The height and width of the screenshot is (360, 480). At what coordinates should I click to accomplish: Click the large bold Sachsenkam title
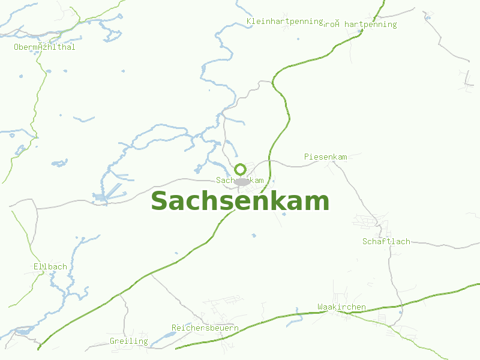pyautogui.click(x=240, y=202)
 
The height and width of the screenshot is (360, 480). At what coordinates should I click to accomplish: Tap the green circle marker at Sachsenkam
pyautogui.click(x=240, y=169)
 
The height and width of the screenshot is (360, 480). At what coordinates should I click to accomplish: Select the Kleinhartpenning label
pyautogui.click(x=285, y=22)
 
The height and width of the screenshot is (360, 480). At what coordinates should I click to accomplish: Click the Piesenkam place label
pyautogui.click(x=325, y=157)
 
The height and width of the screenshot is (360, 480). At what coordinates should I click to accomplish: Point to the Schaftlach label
pyautogui.click(x=386, y=242)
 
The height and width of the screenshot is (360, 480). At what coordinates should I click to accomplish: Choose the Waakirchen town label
pyautogui.click(x=341, y=307)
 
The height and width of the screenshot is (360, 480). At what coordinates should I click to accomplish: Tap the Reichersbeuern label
pyautogui.click(x=205, y=328)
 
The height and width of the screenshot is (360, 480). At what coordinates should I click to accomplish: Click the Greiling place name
pyautogui.click(x=128, y=341)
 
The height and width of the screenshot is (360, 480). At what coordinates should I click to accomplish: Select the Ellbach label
pyautogui.click(x=50, y=266)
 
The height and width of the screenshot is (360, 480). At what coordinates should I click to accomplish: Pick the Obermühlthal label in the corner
pyautogui.click(x=44, y=47)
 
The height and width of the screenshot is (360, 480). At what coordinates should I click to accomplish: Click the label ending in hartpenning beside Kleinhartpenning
pyautogui.click(x=361, y=25)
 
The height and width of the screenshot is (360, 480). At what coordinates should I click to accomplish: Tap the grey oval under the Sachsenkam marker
pyautogui.click(x=242, y=181)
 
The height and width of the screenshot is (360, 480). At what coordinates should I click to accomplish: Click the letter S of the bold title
pyautogui.click(x=158, y=202)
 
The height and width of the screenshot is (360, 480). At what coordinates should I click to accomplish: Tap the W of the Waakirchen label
pyautogui.click(x=320, y=307)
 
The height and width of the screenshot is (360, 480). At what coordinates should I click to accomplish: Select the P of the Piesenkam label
pyautogui.click(x=307, y=157)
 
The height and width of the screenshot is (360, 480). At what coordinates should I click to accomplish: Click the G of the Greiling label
pyautogui.click(x=112, y=341)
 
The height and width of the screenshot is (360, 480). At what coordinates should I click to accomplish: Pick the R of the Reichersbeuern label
pyautogui.click(x=174, y=328)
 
